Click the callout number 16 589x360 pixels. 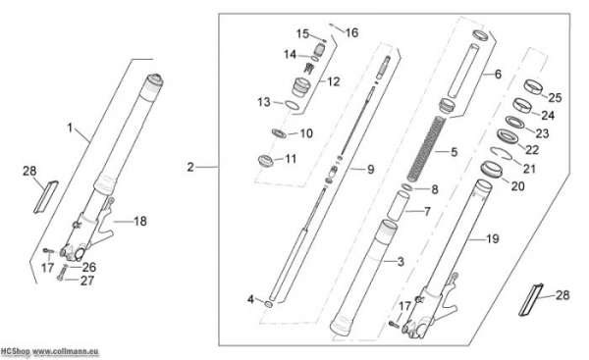pyautogui.click(x=351, y=32)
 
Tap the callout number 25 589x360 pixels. pyautogui.click(x=555, y=97)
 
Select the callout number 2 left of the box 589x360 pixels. pyautogui.click(x=190, y=167)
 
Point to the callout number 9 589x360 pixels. pyautogui.click(x=370, y=170)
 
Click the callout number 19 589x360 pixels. pyautogui.click(x=492, y=238)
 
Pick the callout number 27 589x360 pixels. pyautogui.click(x=87, y=280)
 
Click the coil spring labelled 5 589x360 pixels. pyautogui.click(x=426, y=148)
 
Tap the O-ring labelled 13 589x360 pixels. pyautogui.click(x=293, y=106)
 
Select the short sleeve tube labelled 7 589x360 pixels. pyautogui.click(x=398, y=207)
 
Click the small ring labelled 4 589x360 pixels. pyautogui.click(x=269, y=304)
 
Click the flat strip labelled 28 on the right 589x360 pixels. pyautogui.click(x=531, y=299)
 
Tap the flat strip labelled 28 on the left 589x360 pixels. pyautogui.click(x=46, y=197)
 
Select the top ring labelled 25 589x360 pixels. pyautogui.click(x=533, y=86)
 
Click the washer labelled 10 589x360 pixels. pyautogui.click(x=279, y=132)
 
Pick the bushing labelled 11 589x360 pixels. pyautogui.click(x=266, y=160)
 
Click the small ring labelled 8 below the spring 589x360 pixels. pyautogui.click(x=407, y=187)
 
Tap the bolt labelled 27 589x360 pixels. pyautogui.click(x=62, y=273)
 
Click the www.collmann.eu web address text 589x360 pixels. pyautogui.click(x=66, y=352)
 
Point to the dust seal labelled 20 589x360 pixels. pyautogui.click(x=492, y=169)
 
